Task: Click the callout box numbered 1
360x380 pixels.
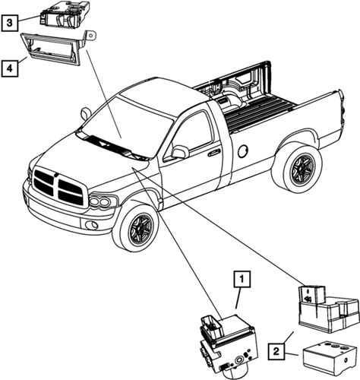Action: click(x=242, y=280)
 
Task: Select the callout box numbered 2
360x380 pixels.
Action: click(x=276, y=351)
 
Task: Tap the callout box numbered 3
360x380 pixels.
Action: click(x=10, y=23)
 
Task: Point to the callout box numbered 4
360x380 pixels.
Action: click(x=10, y=68)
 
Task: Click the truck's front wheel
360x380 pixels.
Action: click(x=136, y=227)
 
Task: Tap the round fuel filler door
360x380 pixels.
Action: click(x=244, y=151)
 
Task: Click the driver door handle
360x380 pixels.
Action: click(x=213, y=153)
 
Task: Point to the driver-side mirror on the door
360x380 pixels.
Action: click(x=180, y=152)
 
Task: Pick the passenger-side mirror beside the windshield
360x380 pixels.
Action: click(x=86, y=113)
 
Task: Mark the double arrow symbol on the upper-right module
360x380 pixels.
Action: click(x=308, y=299)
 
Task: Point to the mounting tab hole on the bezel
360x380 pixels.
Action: click(x=91, y=35)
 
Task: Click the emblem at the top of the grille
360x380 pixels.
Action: click(x=55, y=174)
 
